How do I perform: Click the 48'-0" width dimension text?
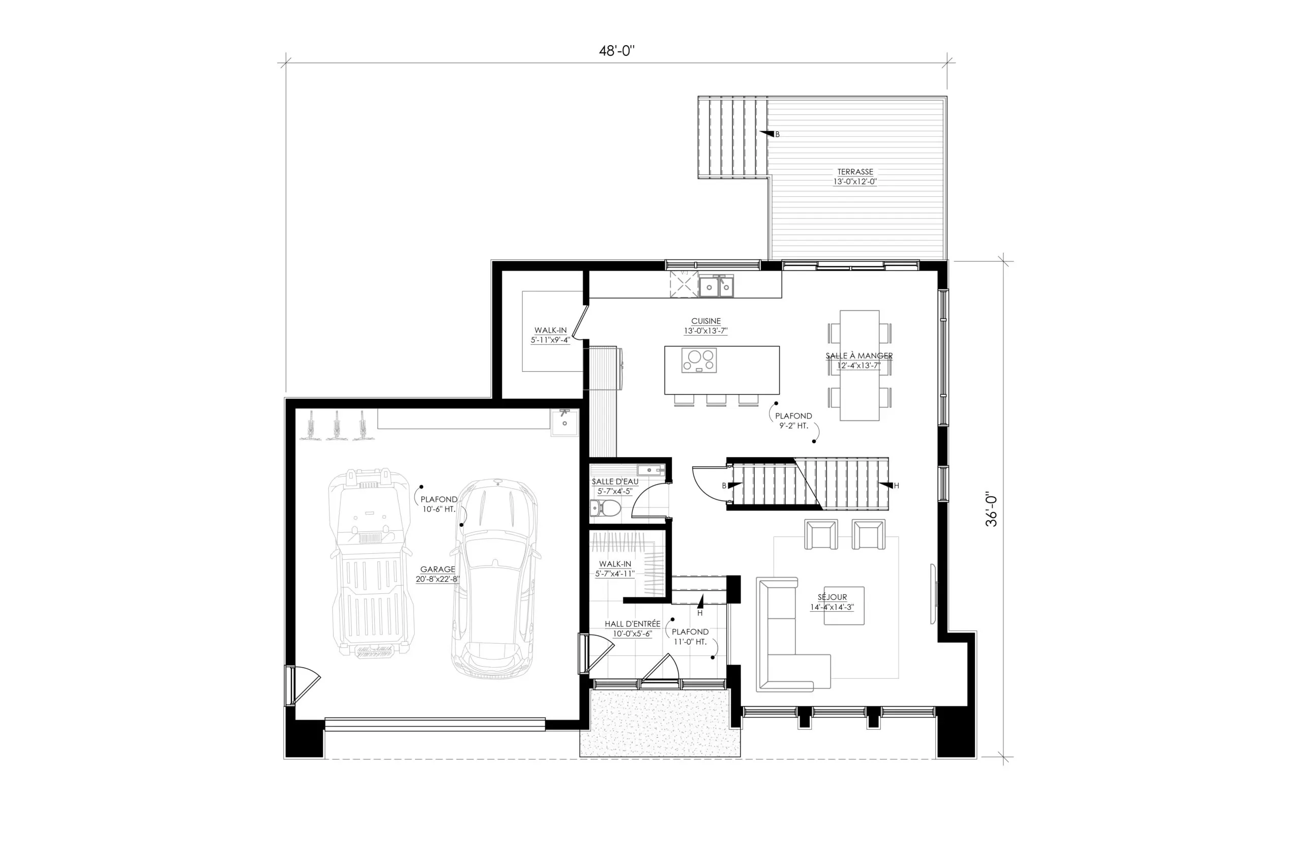(x=616, y=51)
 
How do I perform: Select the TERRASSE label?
(x=855, y=172)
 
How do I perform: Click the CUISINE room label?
(x=705, y=321)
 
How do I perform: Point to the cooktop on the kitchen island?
(x=699, y=360)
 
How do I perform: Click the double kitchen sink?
(x=716, y=286)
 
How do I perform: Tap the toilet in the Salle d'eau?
(x=605, y=508)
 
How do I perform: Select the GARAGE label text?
(x=437, y=569)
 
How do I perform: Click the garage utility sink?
(x=564, y=422)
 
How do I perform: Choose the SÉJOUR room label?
(x=832, y=597)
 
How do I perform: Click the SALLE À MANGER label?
(x=859, y=355)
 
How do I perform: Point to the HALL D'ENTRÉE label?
(x=632, y=624)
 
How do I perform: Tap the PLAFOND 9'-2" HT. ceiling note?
(x=793, y=420)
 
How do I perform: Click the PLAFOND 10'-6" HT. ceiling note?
(x=438, y=504)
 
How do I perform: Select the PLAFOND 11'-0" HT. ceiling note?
(x=690, y=637)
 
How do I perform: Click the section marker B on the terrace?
(x=770, y=134)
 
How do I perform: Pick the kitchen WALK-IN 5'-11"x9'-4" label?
(x=550, y=335)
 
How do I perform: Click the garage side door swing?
(x=303, y=684)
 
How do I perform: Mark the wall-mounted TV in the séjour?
(x=934, y=593)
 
